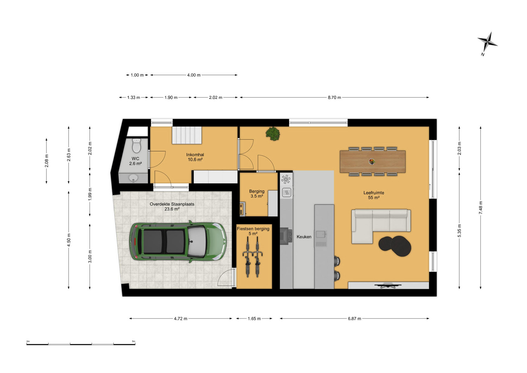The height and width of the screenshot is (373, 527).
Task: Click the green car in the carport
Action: pyautogui.click(x=178, y=241)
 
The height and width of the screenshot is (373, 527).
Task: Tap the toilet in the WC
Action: pyautogui.click(x=136, y=145)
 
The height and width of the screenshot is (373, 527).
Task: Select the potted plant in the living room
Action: pyautogui.click(x=273, y=134)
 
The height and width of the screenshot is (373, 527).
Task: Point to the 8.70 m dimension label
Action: pyautogui.click(x=334, y=97)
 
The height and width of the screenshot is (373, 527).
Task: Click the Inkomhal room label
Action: pyautogui.click(x=195, y=154)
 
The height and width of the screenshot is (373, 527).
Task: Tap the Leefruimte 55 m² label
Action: pyautogui.click(x=373, y=195)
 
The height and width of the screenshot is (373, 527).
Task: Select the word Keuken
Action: pyautogui.click(x=304, y=237)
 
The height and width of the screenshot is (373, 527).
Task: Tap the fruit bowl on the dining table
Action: pyautogui.click(x=372, y=161)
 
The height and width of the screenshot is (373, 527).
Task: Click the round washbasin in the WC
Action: pyautogui.click(x=133, y=178)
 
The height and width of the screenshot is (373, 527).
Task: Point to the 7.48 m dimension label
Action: pyautogui.click(x=481, y=208)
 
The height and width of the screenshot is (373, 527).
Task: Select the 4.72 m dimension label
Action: pyautogui.click(x=181, y=319)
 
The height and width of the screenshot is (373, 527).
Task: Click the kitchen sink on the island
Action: pyautogui.click(x=321, y=234)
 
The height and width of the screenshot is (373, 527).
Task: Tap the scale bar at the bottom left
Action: pyautogui.click(x=81, y=344)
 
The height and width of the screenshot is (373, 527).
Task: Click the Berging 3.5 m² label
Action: pyautogui.click(x=257, y=194)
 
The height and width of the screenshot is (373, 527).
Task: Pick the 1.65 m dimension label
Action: pyautogui.click(x=254, y=319)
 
